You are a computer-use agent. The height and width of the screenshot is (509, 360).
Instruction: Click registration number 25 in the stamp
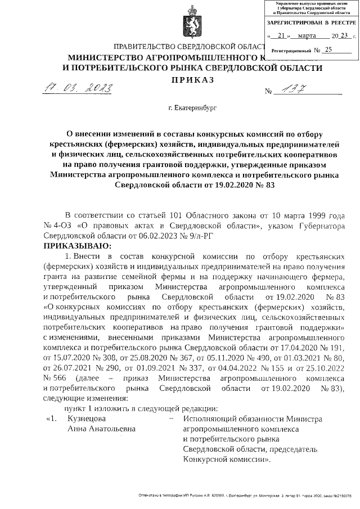(328, 49)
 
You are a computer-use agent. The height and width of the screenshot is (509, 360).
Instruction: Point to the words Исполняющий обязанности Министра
(253, 419)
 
